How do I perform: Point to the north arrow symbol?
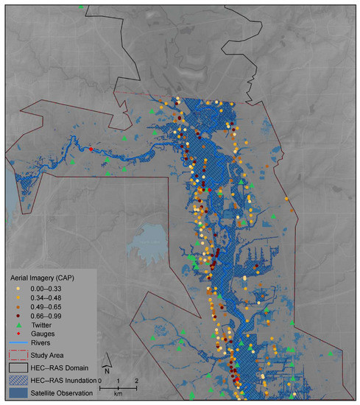108,362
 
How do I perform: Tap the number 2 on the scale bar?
135,380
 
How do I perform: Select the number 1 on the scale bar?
119,380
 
